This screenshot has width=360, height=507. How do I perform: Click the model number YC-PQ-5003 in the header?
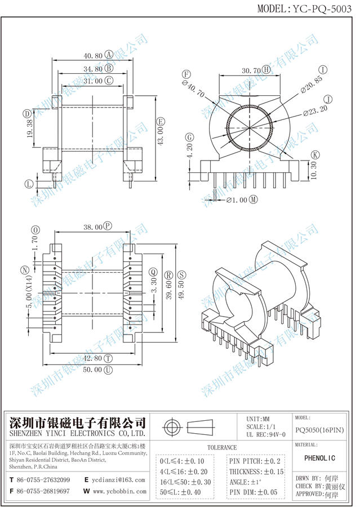click(323, 8)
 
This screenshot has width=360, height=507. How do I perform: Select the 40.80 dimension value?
click(92, 56)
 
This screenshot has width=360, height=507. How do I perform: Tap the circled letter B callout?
click(109, 69)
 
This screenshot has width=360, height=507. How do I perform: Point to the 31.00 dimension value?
click(92, 81)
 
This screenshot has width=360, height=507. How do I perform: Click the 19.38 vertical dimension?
click(29, 133)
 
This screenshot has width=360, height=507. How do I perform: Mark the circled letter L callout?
click(29, 184)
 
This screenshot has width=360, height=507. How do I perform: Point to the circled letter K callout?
click(315, 155)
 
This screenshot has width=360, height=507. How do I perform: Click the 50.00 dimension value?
click(92, 370)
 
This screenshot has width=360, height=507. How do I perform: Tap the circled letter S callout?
click(182, 274)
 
